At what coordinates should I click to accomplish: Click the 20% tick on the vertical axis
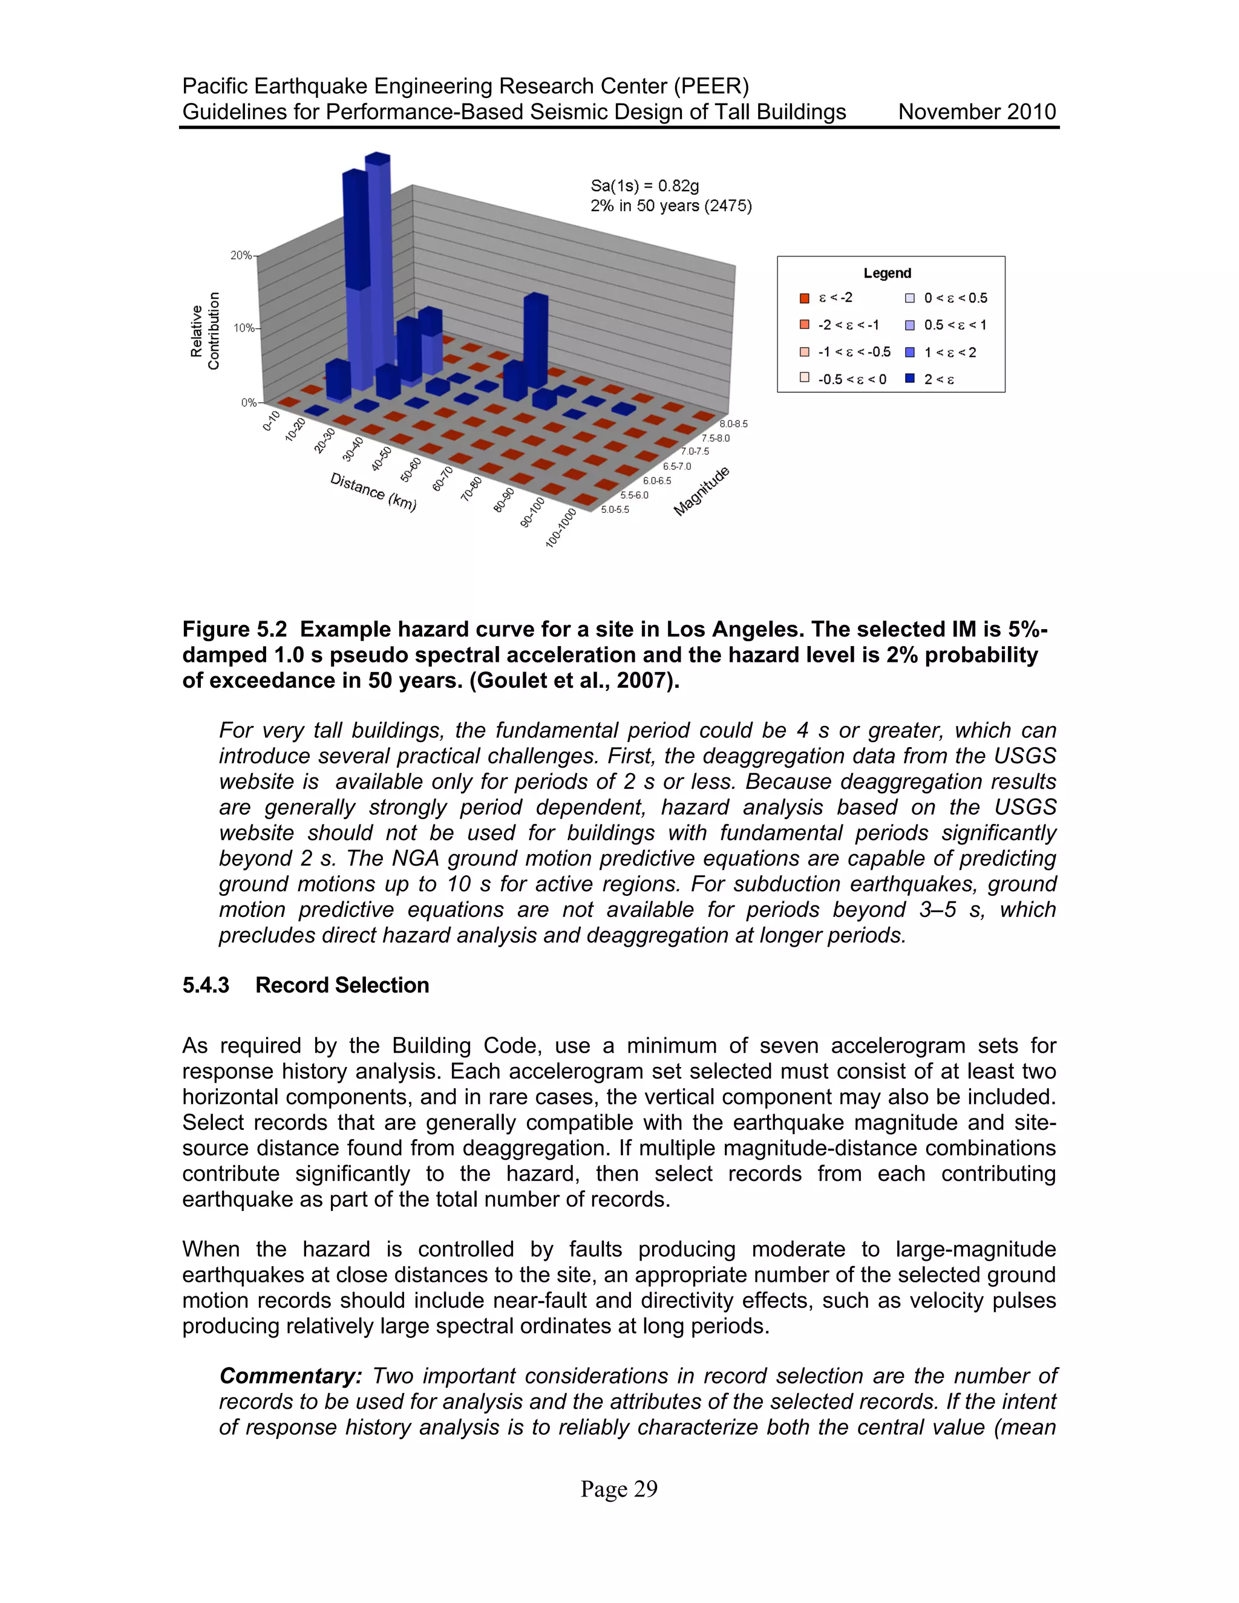tap(241, 255)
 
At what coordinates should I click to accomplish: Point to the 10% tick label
tap(244, 328)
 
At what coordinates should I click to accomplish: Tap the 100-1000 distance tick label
tap(561, 527)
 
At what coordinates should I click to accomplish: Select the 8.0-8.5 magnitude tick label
tap(733, 424)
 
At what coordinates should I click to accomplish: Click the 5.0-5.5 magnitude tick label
tap(615, 509)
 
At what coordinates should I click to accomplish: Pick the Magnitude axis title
tap(702, 491)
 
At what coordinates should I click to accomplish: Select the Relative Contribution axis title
tap(205, 331)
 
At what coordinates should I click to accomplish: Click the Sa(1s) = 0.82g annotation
tap(644, 186)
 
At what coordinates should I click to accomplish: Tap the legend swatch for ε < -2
tap(805, 298)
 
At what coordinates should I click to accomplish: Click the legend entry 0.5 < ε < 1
tap(955, 325)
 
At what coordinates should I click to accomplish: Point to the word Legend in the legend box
tap(887, 273)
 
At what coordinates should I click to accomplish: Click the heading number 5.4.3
tap(206, 985)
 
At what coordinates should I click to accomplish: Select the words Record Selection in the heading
tap(342, 985)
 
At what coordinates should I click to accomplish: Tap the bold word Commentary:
tap(290, 1376)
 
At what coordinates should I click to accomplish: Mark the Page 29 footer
tap(619, 1489)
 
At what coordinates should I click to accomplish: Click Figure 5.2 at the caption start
tap(234, 630)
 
